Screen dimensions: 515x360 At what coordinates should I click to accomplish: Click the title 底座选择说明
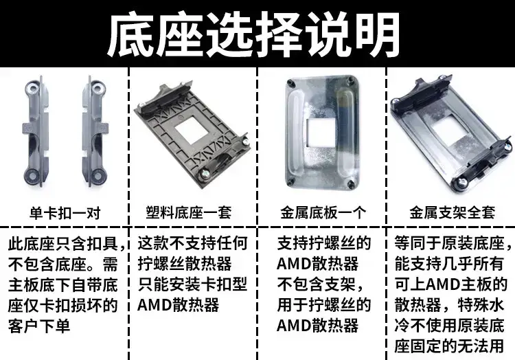[x=253, y=34]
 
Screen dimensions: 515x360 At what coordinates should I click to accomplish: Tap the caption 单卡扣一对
[x=65, y=213]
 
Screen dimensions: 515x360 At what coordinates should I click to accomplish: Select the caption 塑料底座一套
[x=189, y=212]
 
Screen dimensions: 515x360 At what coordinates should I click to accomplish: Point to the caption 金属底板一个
[x=323, y=212]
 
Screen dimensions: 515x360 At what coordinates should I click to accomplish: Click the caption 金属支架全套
[x=453, y=212]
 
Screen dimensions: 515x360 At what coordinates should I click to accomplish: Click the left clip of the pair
[x=36, y=131]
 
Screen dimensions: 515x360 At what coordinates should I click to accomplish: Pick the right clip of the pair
[x=95, y=131]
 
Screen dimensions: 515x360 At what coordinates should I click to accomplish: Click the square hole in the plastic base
[x=192, y=131]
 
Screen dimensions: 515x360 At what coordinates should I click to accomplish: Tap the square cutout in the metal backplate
[x=321, y=133]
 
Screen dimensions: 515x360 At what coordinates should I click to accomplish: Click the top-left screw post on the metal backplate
[x=290, y=82]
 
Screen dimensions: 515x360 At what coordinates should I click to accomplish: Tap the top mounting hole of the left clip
[x=33, y=89]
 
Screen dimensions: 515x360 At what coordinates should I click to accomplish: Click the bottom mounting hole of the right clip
[x=98, y=176]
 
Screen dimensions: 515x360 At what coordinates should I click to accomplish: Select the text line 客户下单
[x=39, y=326]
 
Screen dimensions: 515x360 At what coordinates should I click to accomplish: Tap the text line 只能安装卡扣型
[x=192, y=284]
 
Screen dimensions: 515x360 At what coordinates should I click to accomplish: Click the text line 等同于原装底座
[x=449, y=243]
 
